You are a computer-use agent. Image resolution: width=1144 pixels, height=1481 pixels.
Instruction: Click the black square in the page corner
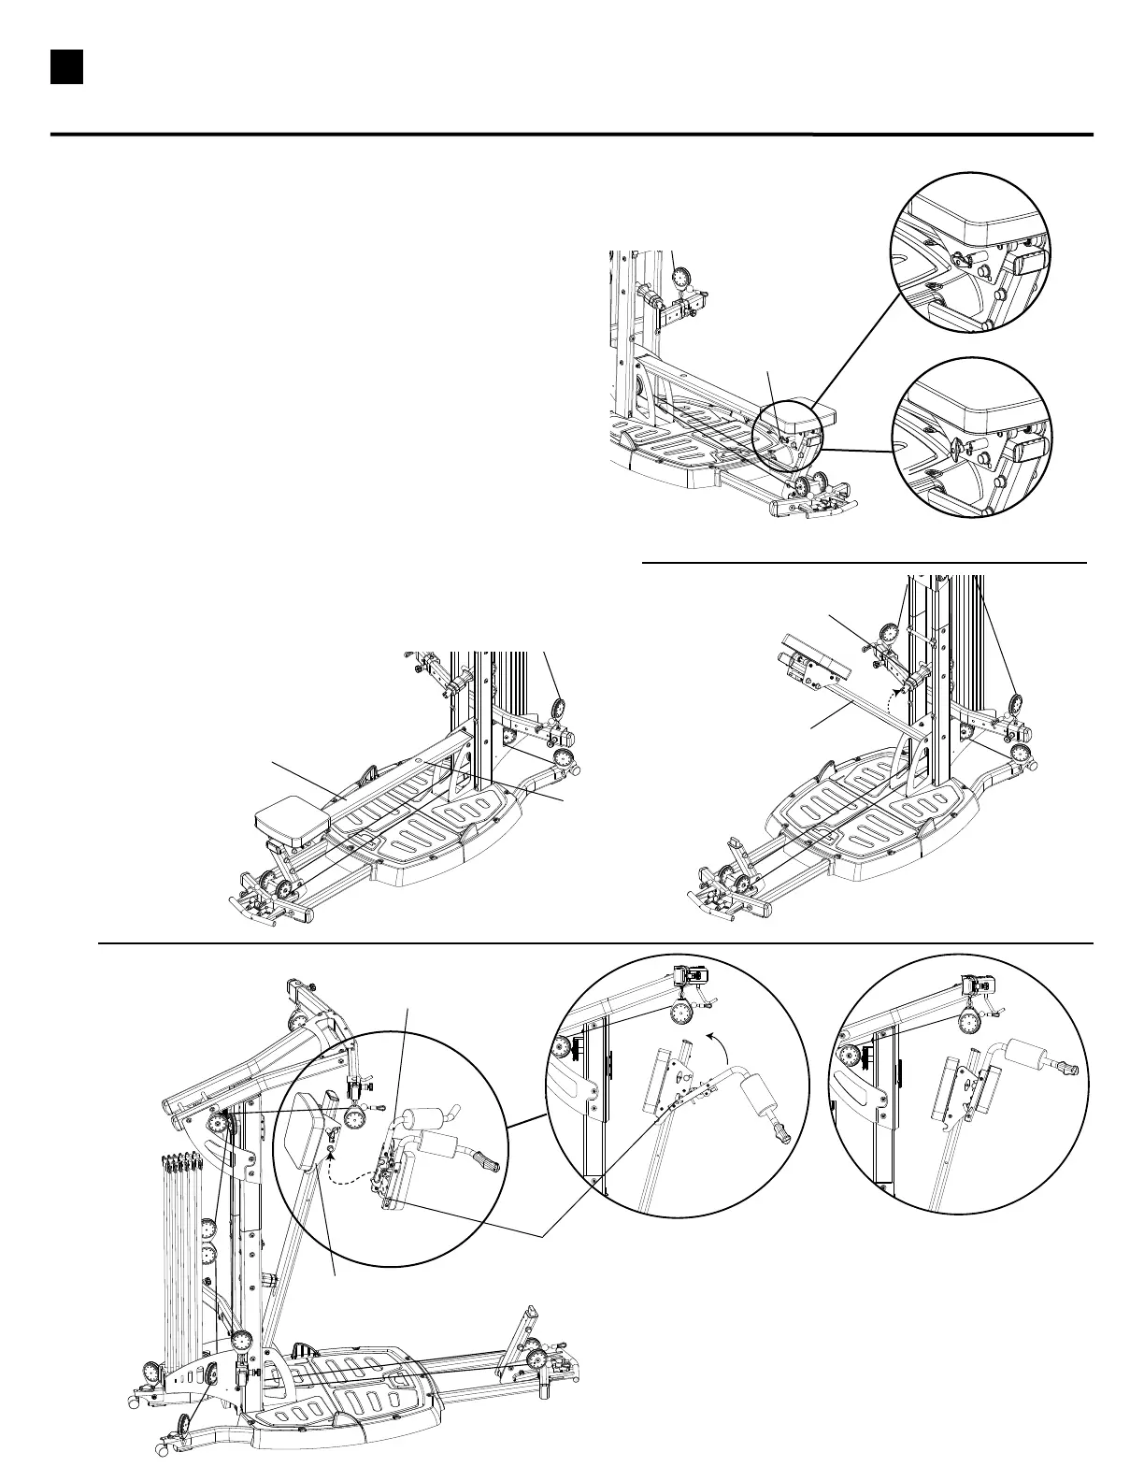pos(67,67)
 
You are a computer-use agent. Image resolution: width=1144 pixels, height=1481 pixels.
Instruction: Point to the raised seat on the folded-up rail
pos(814,661)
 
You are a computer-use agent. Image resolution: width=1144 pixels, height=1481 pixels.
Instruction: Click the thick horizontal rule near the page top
pos(571,135)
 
